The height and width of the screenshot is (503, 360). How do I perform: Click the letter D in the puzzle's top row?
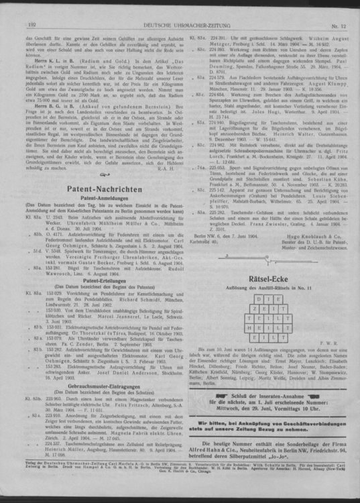pyautogui.click(x=253, y=296)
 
